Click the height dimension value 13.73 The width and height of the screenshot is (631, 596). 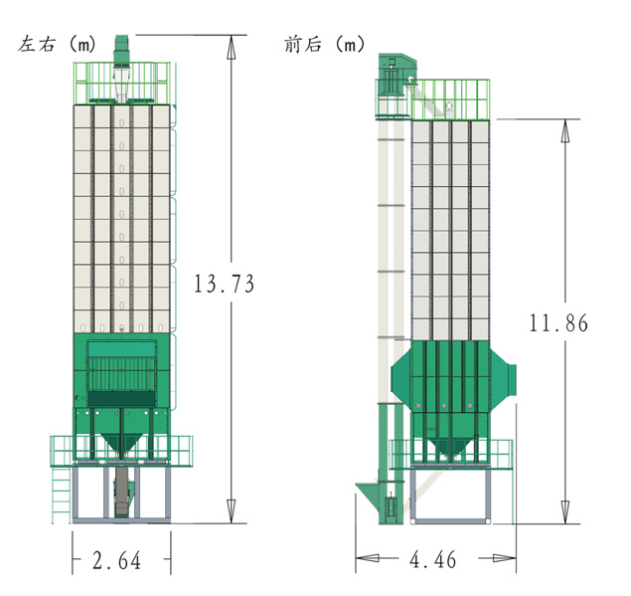pos(224,284)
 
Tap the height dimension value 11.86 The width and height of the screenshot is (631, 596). pos(558,322)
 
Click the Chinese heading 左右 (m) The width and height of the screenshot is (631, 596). pos(57,44)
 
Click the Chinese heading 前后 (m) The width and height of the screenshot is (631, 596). pos(324,44)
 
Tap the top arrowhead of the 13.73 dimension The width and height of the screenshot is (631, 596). pos(231,47)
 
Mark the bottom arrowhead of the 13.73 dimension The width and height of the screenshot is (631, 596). pos(231,511)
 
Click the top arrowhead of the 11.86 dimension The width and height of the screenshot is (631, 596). pos(565,130)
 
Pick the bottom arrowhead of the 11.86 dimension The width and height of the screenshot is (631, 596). pos(565,512)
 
